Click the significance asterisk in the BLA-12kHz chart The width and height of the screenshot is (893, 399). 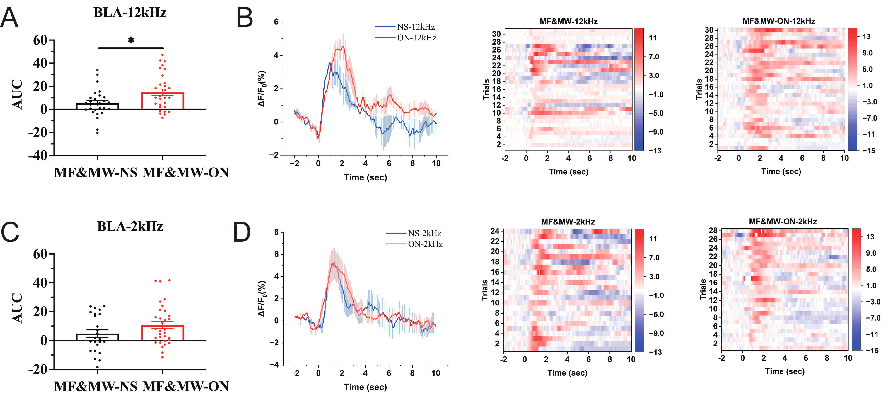131,41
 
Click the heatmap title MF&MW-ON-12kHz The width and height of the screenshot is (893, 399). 779,21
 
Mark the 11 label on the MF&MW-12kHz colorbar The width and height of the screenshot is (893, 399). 653,38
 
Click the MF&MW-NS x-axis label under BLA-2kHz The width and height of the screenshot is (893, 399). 96,386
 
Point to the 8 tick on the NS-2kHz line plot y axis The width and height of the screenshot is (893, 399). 276,232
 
